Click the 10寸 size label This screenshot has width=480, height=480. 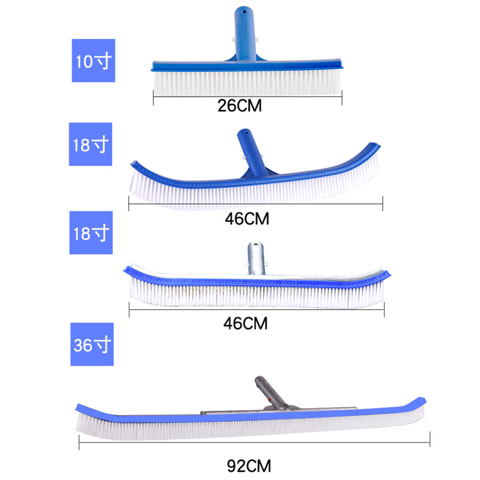[x=94, y=60]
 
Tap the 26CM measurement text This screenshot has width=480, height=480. [x=240, y=106]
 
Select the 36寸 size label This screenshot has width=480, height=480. [x=92, y=344]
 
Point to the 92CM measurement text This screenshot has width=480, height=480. [x=249, y=466]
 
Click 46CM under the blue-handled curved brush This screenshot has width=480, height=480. [x=247, y=218]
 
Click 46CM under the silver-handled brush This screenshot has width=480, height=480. [x=245, y=323]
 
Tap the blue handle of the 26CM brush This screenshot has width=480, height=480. [x=245, y=34]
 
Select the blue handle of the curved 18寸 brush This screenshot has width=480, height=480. [x=252, y=153]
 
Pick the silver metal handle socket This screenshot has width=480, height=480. [x=256, y=258]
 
